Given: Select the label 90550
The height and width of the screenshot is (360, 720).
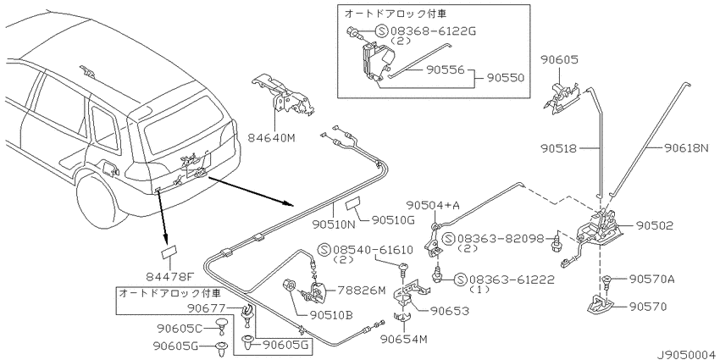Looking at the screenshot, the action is (504, 78).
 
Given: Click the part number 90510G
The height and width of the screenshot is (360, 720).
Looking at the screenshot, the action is (391, 221).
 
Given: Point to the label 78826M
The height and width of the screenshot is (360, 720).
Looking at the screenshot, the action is (362, 291).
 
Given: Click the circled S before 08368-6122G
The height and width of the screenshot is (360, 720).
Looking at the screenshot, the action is (381, 31).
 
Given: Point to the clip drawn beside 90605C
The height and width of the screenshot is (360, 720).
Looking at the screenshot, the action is (222, 327).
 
